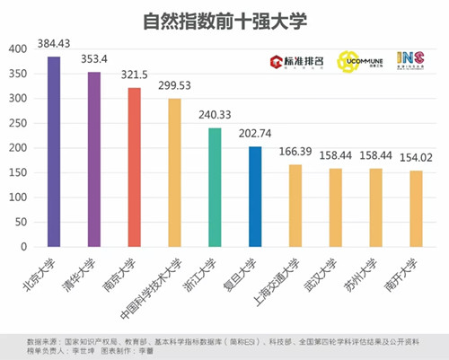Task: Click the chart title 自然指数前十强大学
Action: pyautogui.click(x=224, y=21)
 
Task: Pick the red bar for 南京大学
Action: pyautogui.click(x=134, y=167)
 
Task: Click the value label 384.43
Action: pyautogui.click(x=53, y=44)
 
